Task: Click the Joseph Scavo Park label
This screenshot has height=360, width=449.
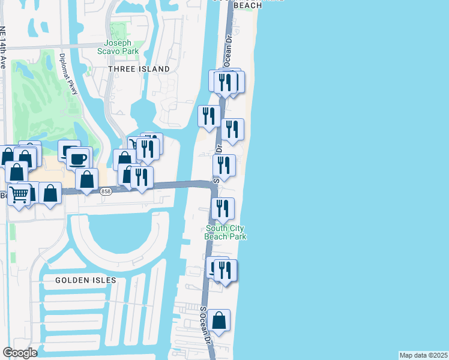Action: pos(121,47)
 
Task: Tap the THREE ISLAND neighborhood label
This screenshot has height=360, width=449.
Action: pos(139,69)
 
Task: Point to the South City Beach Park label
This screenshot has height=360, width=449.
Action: pos(226,232)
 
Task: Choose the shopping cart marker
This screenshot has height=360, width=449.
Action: pos(19,193)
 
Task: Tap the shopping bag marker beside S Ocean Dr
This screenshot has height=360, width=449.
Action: pos(220,320)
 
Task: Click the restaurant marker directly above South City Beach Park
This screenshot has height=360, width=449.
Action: pos(223,208)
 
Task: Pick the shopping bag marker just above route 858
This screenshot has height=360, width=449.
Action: pos(88,179)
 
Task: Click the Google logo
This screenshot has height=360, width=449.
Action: pos(20,353)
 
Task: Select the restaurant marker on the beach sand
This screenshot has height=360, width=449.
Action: pos(232,129)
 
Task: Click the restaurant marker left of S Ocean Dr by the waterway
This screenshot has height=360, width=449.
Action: pos(209,116)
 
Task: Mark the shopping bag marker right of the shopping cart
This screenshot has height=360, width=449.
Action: pos(50,193)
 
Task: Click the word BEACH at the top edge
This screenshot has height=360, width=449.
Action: pos(248,5)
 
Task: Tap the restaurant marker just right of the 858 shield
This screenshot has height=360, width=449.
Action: pos(141,177)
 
